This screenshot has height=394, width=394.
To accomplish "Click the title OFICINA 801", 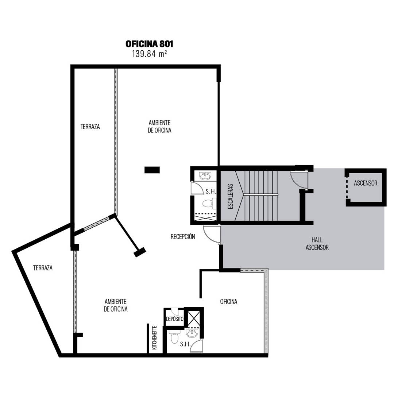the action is (149, 44).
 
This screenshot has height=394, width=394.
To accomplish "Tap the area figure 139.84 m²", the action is (149, 54).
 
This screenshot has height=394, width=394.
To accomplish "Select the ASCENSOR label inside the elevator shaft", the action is (366, 183).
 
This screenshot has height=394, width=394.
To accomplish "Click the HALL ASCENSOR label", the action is (317, 243).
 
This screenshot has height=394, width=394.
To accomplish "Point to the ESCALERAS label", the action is (230, 197).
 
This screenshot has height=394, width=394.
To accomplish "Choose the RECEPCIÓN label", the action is (183, 236).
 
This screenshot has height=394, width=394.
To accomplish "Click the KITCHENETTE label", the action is (155, 338).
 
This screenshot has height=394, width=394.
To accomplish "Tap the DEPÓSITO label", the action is (175, 319).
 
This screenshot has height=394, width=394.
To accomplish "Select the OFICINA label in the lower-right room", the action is (229, 302).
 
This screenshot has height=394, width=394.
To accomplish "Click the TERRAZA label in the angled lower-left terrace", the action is (43, 268).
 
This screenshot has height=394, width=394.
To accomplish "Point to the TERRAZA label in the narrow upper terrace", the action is (90, 127).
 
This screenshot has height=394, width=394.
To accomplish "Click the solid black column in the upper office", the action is (152, 170).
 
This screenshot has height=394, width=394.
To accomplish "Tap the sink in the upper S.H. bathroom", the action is (205, 176).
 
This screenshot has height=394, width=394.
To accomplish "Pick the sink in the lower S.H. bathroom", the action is (192, 333).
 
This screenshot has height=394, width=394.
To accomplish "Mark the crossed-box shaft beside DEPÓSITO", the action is (193, 319).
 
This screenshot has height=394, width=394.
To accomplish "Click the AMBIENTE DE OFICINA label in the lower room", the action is (116, 305).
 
